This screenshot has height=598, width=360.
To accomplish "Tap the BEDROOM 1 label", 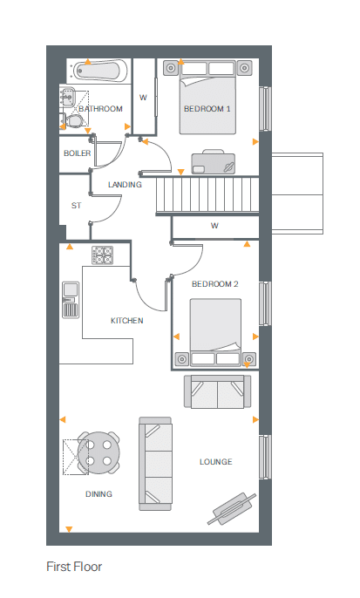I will coord(207,109).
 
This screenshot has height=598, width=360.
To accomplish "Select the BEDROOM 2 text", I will coord(214,284).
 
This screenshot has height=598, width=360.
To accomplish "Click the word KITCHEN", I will coord(126,321).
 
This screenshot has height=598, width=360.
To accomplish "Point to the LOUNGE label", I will coord(215,462).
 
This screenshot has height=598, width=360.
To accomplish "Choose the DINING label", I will coord(98,494).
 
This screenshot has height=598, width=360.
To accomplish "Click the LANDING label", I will coord(125,185).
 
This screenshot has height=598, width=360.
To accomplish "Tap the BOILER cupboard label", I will coord(77,153).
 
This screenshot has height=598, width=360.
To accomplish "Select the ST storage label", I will coord(76,206).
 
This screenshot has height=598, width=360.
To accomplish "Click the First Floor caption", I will coord(74,567).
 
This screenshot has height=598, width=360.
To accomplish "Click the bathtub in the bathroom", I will coord(98,71).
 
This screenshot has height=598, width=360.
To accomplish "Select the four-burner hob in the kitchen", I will coord(102,255).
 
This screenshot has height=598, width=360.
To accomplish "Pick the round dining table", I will coord(98,452).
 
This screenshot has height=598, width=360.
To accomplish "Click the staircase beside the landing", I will coord(207,194).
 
